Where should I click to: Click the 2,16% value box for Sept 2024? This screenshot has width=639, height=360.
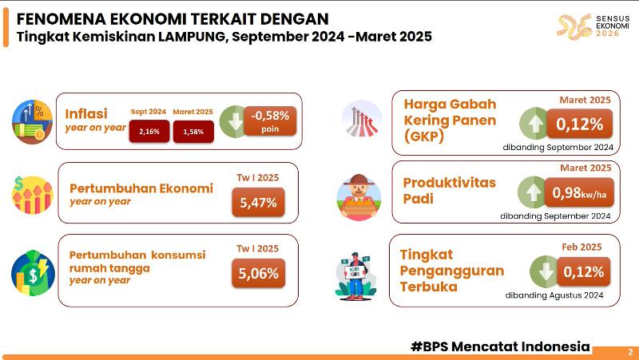[x=149, y=130]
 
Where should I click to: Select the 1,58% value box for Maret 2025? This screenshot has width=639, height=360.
[x=193, y=130]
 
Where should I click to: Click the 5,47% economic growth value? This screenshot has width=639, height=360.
[x=258, y=203]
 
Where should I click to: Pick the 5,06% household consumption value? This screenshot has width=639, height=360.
[x=258, y=274]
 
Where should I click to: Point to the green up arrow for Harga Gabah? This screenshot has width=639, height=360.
[x=535, y=125]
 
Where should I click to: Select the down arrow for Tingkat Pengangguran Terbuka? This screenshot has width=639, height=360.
[x=546, y=271]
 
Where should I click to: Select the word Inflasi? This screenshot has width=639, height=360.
[x=86, y=113]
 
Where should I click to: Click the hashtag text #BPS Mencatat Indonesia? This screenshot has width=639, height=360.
[x=500, y=346]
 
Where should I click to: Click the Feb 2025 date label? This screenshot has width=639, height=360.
[x=581, y=247]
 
